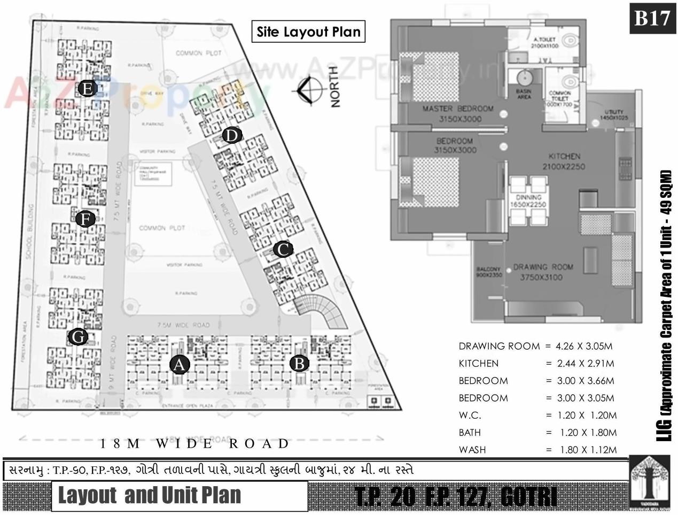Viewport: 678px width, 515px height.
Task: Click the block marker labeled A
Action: coord(180,365)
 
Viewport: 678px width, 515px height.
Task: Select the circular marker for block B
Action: coord(299,364)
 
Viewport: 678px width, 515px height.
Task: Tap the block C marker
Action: coord(283,249)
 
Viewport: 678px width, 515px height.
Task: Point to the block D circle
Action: coord(231,136)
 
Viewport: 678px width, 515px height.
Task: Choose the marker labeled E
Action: coord(87,88)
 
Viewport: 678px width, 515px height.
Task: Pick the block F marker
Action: coord(85,219)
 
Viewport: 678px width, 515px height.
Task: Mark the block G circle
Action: coord(78,337)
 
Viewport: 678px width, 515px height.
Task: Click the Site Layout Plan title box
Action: coord(308,32)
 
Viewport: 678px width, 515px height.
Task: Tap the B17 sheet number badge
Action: coord(652,18)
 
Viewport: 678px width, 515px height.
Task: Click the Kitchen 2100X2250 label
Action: coord(564,161)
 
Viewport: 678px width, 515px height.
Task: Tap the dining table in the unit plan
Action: coord(528,201)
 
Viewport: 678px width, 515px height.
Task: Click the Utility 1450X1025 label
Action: coord(614,114)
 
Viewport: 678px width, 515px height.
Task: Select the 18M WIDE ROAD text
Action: coord(195,443)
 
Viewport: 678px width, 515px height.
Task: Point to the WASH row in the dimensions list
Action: coord(537,450)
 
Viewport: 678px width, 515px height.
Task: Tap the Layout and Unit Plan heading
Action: coord(150,495)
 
